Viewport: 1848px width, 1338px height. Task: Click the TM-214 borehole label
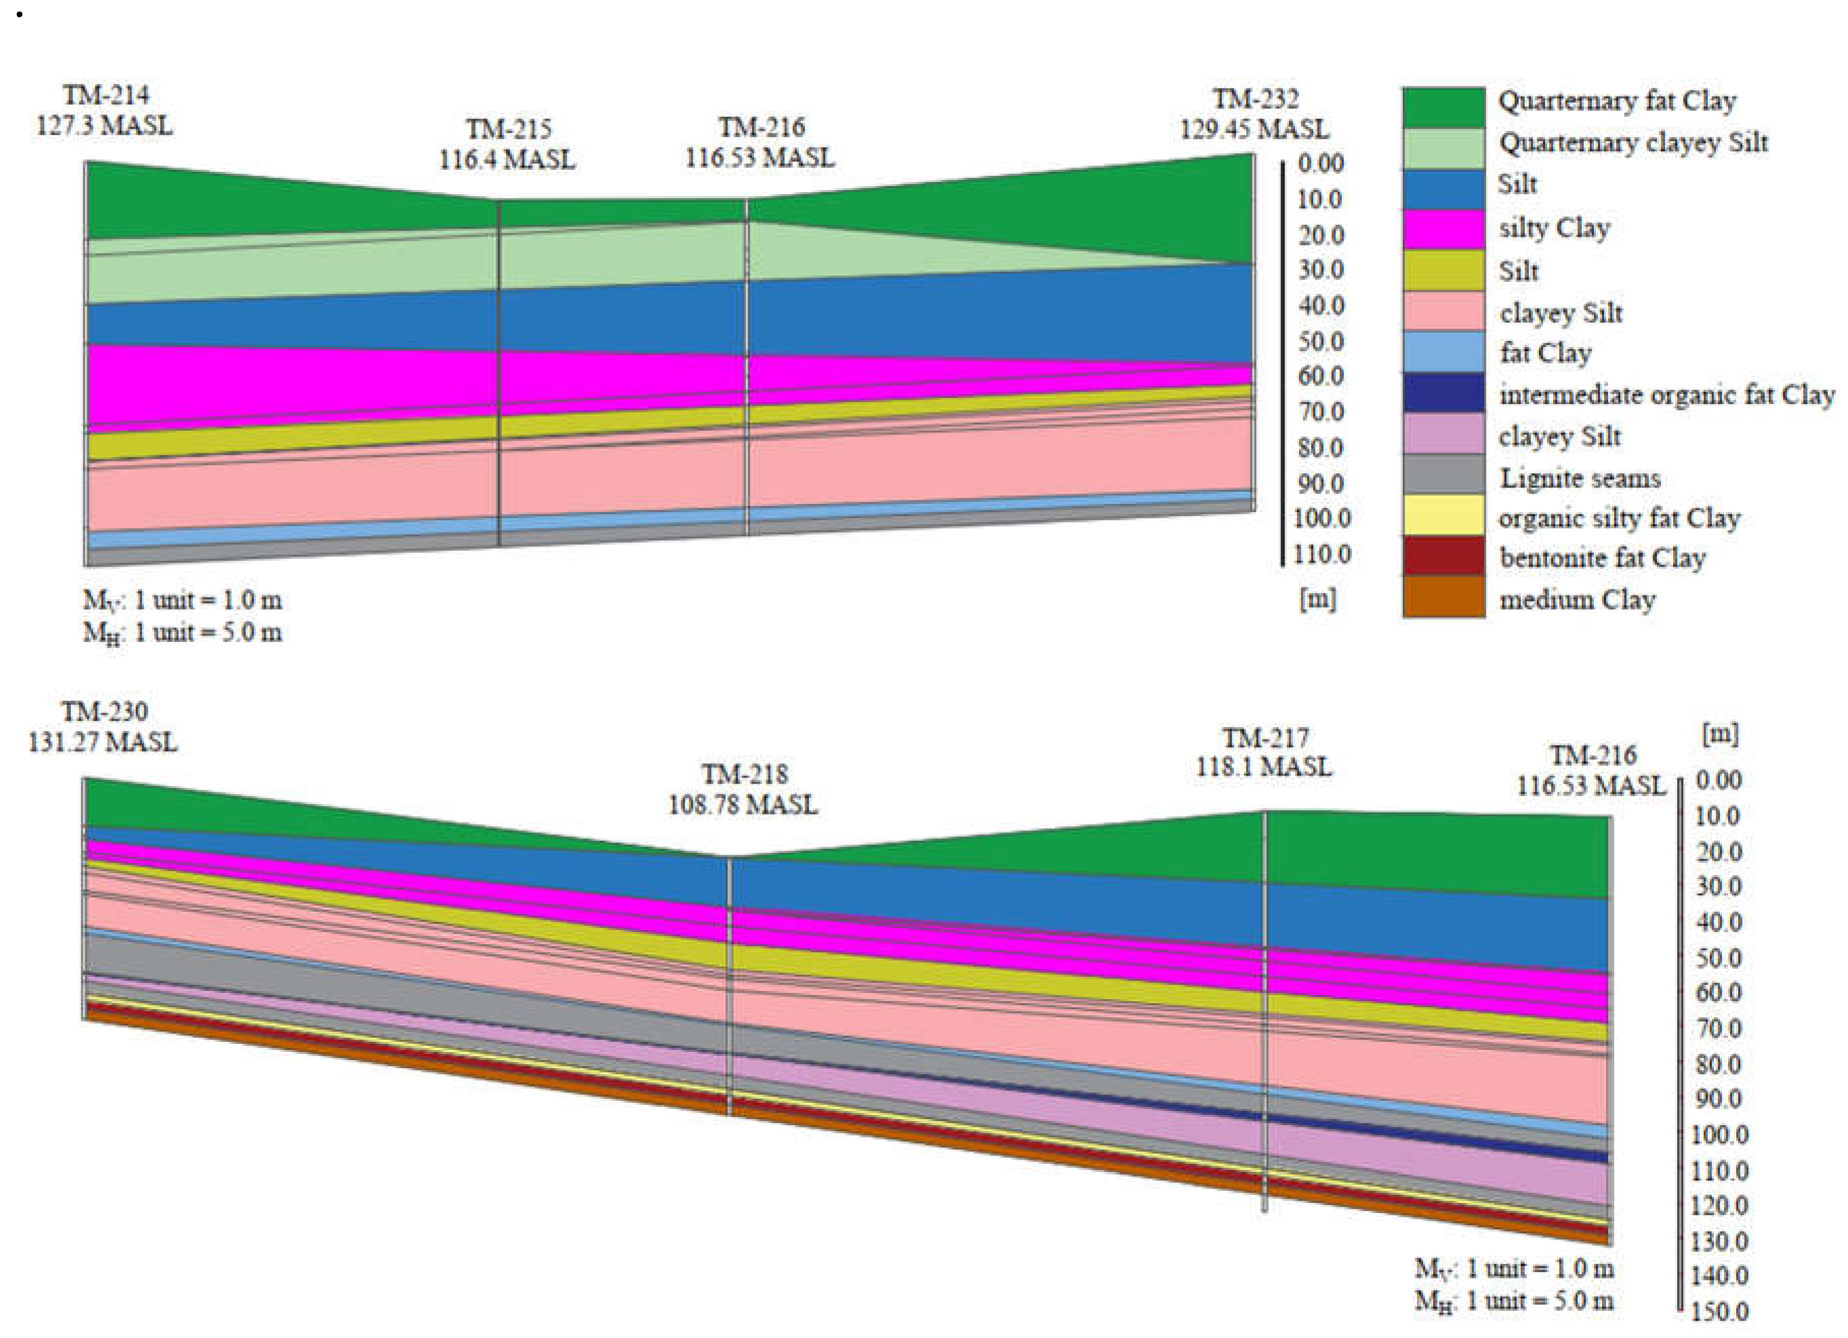tap(106, 96)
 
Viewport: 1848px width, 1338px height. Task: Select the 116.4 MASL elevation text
tap(507, 159)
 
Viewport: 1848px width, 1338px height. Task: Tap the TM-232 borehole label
tap(1255, 99)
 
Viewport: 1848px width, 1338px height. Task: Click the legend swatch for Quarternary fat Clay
tap(1443, 107)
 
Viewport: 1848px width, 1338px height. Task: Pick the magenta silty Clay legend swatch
tap(1443, 229)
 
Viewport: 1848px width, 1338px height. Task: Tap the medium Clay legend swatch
tap(1443, 597)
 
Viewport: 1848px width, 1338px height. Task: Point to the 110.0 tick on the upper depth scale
tap(1321, 554)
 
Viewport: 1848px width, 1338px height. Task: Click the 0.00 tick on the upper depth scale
tap(1320, 163)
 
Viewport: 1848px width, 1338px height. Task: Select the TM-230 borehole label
tap(104, 711)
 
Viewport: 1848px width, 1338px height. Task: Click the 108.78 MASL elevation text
tap(742, 805)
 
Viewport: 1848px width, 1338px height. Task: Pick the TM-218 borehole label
tap(744, 773)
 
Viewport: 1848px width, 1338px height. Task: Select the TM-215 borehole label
tap(508, 129)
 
